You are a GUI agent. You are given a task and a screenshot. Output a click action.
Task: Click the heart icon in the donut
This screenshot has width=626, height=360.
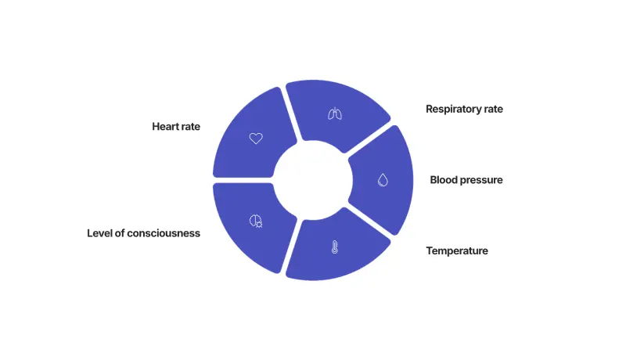point(256,138)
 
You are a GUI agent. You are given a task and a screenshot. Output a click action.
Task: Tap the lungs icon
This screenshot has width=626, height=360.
point(334,114)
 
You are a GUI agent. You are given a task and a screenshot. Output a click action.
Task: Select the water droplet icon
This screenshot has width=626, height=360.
point(383,180)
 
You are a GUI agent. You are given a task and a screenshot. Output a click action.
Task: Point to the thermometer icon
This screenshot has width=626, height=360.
point(334,247)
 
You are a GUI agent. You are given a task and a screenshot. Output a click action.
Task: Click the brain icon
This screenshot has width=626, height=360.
point(255,221)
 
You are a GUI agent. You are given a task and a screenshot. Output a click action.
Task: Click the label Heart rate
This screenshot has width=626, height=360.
point(176,126)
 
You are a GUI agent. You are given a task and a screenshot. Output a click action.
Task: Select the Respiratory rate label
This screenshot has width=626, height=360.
point(464,110)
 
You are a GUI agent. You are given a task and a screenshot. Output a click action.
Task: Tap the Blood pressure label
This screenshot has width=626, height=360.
point(466,180)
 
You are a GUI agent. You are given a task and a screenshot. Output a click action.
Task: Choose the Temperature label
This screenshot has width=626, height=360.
point(457,251)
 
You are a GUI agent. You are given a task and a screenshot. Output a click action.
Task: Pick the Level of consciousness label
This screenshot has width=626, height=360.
point(143,233)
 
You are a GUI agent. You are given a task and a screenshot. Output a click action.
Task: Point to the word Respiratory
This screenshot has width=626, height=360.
point(452,110)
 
